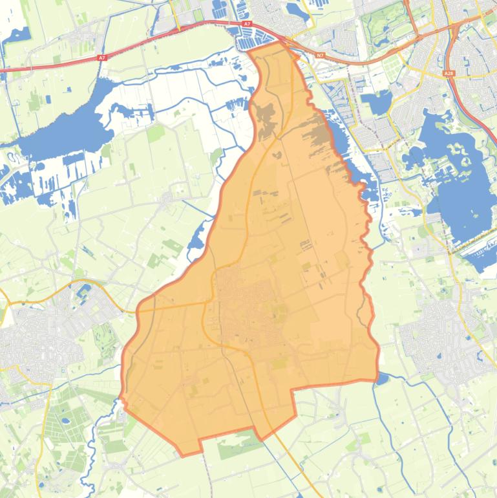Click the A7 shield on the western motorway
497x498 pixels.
pyautogui.click(x=101, y=58)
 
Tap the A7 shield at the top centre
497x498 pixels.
pyautogui.click(x=247, y=24)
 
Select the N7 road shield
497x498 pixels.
pyautogui.click(x=320, y=56)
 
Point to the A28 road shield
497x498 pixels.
pyautogui.click(x=449, y=74)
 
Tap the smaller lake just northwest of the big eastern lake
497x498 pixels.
pyautogui.click(x=377, y=102)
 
